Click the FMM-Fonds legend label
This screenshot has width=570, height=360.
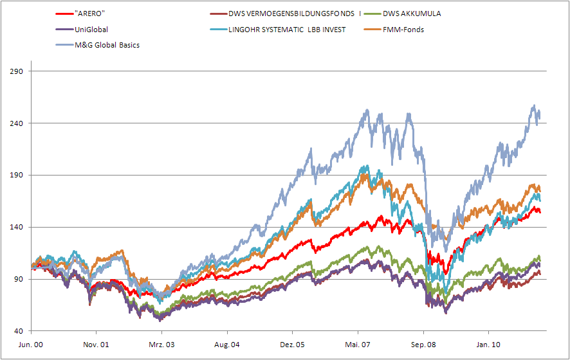pos(402,29)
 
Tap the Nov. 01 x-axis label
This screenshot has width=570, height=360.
pos(96,345)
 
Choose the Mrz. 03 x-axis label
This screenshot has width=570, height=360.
pos(161,345)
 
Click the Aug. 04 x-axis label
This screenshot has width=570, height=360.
pos(227,345)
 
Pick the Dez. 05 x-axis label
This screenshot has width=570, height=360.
pos(292,345)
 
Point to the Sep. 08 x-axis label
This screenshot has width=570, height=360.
pos(423,345)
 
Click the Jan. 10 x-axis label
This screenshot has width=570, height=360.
pos(488,345)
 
